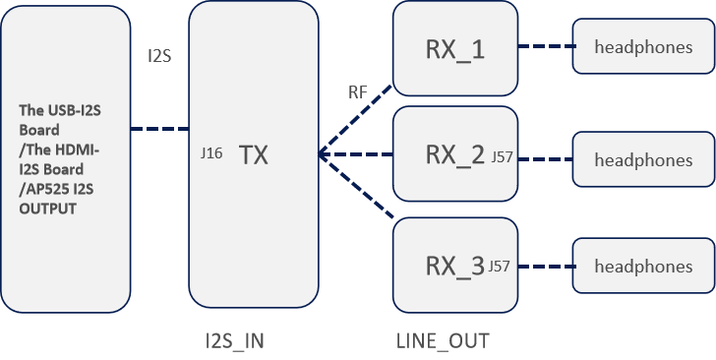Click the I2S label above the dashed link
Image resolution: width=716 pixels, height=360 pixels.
pos(158,56)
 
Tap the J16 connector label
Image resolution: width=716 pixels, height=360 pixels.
pos(210,153)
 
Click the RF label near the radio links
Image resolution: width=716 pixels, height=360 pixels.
pos(358,92)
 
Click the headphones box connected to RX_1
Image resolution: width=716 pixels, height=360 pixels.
pos(643,47)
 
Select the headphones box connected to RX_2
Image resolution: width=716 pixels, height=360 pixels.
pos(643,159)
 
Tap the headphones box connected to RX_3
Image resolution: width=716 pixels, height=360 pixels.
pos(643,266)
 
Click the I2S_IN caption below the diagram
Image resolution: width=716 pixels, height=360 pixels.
pos(234,340)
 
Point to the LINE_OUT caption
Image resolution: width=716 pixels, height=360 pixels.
pos(442,340)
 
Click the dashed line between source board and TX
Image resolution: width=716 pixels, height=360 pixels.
pos(158,128)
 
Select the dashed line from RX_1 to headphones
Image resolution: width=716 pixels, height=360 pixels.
pos(545,46)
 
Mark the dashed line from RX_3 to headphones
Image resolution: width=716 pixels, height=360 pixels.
pos(545,266)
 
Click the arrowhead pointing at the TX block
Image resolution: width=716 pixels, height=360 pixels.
pos(323,154)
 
